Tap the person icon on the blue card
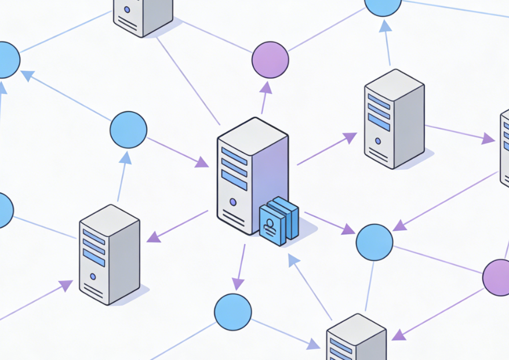pyautogui.click(x=269, y=224)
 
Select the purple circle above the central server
pyautogui.click(x=270, y=60)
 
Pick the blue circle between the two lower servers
pyautogui.click(x=232, y=312)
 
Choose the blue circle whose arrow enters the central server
pyautogui.click(x=128, y=129)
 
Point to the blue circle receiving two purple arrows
pyautogui.click(x=374, y=242)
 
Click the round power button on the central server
pyautogui.click(x=233, y=202)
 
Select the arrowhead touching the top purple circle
pyautogui.click(x=266, y=88)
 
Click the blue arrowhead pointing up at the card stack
pyautogui.click(x=294, y=260)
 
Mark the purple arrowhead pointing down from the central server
pyautogui.click(x=238, y=283)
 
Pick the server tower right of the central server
pyautogui.click(x=394, y=119)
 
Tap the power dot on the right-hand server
pyautogui.click(x=378, y=141)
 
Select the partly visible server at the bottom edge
pyautogui.click(x=356, y=339)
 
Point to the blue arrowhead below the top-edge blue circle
pyautogui.click(x=385, y=26)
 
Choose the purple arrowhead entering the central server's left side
pyautogui.click(x=201, y=162)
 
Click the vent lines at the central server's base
pyautogui.click(x=232, y=217)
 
